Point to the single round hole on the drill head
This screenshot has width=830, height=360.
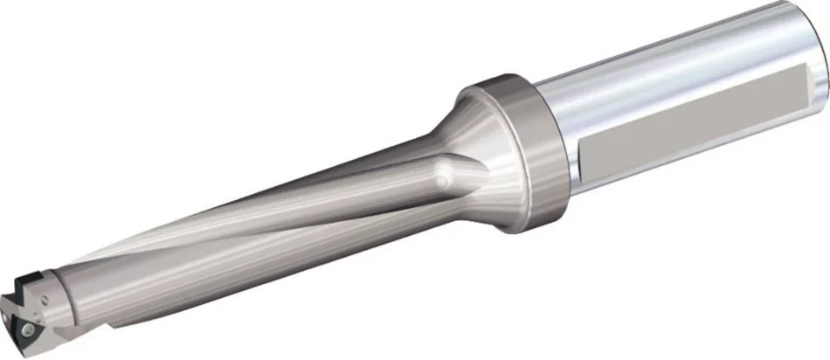click(44, 299)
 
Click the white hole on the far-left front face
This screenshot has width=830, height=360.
click(5, 319)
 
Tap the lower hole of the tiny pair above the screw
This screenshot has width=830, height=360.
click(38, 320)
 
